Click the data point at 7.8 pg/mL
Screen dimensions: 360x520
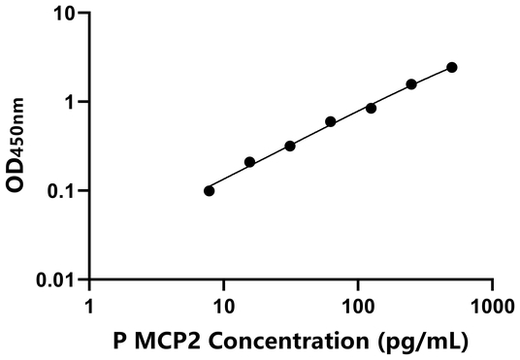point(210,190)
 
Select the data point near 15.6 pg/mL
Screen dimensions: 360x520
point(249,162)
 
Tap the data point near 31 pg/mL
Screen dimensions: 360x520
point(290,146)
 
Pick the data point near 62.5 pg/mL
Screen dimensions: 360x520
point(331,121)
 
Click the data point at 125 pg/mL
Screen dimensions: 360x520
point(371,108)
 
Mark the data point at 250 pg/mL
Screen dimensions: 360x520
point(411,84)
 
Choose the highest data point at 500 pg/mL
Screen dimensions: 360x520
point(452,67)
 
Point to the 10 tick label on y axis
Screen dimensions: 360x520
point(66,14)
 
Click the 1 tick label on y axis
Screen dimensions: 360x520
point(72,102)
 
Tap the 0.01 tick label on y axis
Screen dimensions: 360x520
point(59,279)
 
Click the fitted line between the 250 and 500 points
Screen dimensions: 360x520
point(432,75)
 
